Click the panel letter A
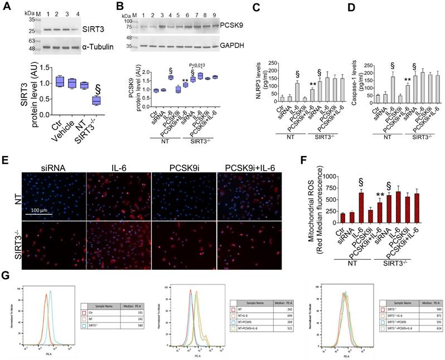click(8, 8)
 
